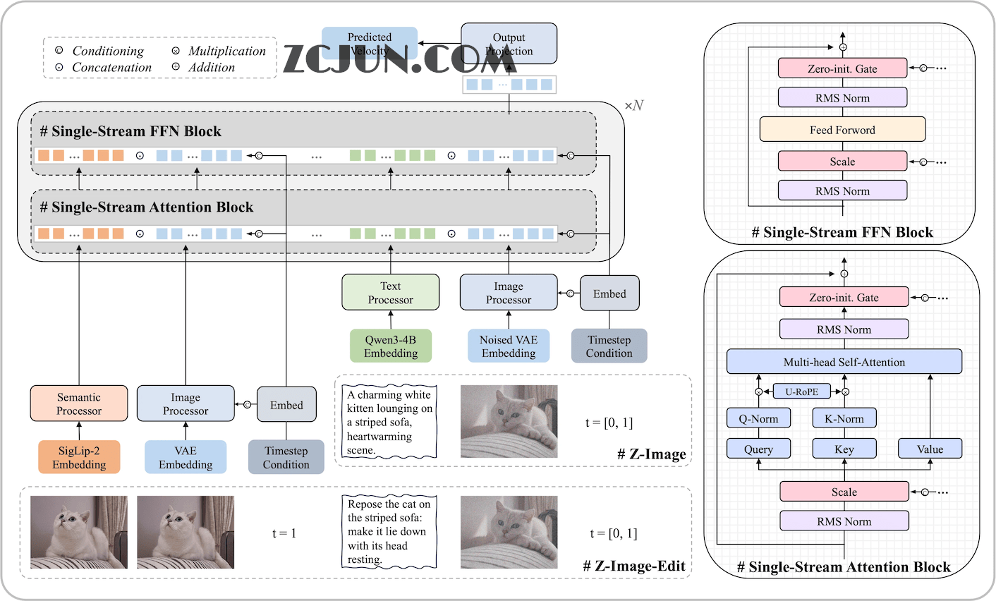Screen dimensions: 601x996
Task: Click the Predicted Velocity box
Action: coord(370,43)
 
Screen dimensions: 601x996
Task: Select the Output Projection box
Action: coord(509,44)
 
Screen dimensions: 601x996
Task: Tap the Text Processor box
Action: coord(390,293)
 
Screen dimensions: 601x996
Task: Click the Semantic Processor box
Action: coord(79,403)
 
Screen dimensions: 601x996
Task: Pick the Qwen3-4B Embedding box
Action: coord(391,346)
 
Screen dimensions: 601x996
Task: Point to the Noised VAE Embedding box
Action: coord(509,346)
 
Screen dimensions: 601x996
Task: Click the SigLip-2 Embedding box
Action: coord(79,457)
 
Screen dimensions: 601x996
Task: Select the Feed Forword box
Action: coord(842,130)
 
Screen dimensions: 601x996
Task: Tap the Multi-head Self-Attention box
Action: coord(844,362)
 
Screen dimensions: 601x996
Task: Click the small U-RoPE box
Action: coord(802,391)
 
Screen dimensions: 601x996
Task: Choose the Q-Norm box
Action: coord(758,418)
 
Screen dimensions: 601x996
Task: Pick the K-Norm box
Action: coord(844,418)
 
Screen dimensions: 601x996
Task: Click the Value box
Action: coord(930,449)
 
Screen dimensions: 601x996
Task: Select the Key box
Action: coord(844,449)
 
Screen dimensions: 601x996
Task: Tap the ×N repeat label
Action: coord(633,106)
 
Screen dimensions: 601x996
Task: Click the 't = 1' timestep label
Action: coord(284,533)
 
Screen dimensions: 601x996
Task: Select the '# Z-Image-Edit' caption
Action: coord(634,566)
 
